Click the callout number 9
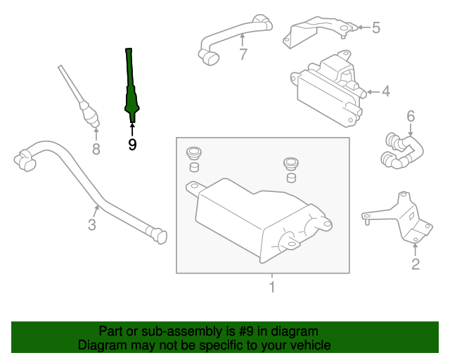pyautogui.click(x=132, y=144)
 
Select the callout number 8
pyautogui.click(x=96, y=149)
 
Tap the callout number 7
pyautogui.click(x=243, y=54)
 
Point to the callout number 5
pyautogui.click(x=376, y=27)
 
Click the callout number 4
pyautogui.click(x=386, y=91)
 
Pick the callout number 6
pyautogui.click(x=411, y=116)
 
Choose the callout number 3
pyautogui.click(x=92, y=224)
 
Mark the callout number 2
pyautogui.click(x=416, y=264)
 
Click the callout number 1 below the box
pyautogui.click(x=272, y=287)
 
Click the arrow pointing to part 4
pyautogui.click(x=373, y=92)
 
